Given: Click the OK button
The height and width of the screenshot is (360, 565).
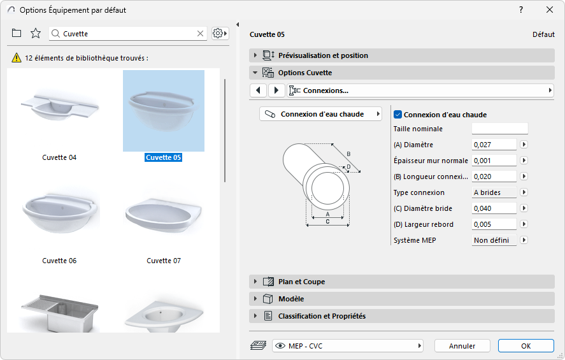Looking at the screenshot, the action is coord(526,346).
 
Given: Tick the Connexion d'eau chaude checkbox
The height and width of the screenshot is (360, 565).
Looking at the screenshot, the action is coord(398,115).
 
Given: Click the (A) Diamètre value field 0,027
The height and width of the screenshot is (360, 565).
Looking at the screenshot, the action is coord(494,145).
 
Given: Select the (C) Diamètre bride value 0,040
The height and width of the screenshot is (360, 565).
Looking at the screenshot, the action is coord(494,208).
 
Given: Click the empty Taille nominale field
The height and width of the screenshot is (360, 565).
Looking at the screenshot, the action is coord(500,129).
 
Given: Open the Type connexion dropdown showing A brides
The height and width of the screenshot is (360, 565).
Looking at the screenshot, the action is coord(494,192).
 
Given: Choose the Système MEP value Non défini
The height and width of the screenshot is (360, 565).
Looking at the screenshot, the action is coord(494,240).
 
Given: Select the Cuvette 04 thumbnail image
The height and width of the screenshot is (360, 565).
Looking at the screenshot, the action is coord(59,108).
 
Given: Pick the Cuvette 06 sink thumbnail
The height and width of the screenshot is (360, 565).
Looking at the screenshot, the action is coord(59,213).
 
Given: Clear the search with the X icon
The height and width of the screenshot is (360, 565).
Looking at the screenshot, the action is coord(201,34).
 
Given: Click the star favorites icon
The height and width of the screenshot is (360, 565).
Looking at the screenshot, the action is coord(36,33).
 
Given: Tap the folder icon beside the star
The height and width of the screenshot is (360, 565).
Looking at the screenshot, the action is coord(17,33).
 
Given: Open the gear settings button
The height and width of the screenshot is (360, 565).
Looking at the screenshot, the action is coord(220,34).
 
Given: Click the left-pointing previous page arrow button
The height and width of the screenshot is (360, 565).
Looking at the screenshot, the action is coord(259,90).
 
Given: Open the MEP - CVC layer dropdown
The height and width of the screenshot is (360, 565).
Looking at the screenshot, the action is coord(348,346).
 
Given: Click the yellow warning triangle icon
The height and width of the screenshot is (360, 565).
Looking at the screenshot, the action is coord(17,57).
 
